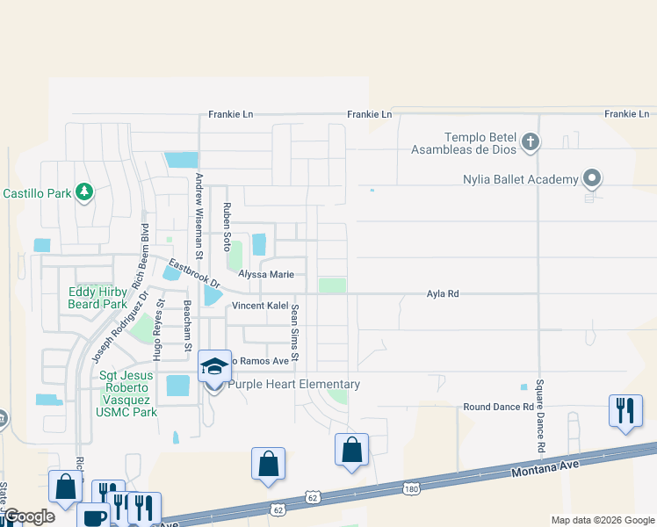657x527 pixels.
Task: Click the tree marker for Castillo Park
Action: pos(84,191)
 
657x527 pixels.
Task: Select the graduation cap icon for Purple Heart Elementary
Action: pos(214,366)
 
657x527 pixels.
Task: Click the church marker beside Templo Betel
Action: pos(530,141)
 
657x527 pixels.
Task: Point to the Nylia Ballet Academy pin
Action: pos(592,179)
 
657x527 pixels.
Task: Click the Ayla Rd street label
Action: pos(443,294)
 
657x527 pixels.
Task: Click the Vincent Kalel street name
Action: pos(260,306)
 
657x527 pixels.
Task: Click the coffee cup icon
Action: pos(93,516)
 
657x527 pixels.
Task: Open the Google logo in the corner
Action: pos(28,516)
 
